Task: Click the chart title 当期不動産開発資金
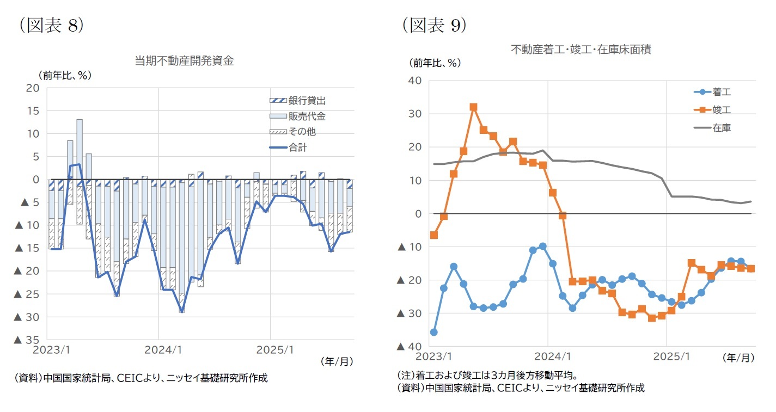[x=184, y=61]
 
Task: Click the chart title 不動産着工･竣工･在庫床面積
[x=581, y=50]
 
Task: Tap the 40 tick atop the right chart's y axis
[x=415, y=81]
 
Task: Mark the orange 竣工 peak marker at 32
[x=473, y=107]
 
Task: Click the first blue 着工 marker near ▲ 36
[x=433, y=332]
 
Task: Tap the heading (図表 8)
[x=51, y=25]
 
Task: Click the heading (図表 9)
[x=434, y=25]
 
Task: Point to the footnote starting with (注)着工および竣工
[x=487, y=376]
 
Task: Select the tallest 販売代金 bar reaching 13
[x=80, y=152]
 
